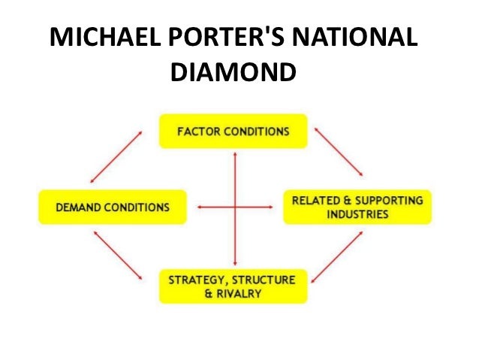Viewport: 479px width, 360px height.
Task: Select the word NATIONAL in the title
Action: coord(364,39)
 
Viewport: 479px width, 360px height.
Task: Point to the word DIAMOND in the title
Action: coord(233,73)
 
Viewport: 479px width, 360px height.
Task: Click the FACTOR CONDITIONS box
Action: coord(233,131)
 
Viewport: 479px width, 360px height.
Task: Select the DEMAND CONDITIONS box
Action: coord(112,206)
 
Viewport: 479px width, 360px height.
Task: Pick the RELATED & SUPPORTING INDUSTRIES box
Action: coord(357,207)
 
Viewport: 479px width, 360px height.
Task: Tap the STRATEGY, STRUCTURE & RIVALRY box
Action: coord(233,286)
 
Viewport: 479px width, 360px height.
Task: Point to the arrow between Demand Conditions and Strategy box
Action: coord(117,257)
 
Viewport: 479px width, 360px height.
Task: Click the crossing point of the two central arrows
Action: coord(236,206)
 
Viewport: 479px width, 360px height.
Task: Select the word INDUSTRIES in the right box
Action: coord(357,215)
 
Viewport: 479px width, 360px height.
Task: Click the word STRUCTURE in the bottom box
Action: coord(263,280)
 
